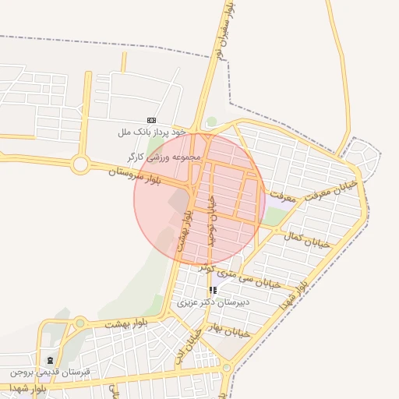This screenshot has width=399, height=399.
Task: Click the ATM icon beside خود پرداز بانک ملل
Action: [151, 121]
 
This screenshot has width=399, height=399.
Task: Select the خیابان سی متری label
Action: [249, 272]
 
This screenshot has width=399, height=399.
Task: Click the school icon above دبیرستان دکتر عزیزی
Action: [213, 290]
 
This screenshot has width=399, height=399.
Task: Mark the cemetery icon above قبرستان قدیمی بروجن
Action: [51, 360]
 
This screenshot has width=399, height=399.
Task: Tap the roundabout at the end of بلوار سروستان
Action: [79, 164]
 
